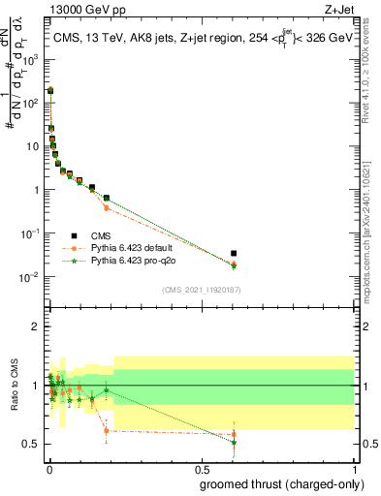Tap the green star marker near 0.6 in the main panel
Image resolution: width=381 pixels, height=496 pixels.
[x=233, y=266]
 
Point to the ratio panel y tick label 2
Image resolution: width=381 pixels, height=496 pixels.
[x=35, y=326]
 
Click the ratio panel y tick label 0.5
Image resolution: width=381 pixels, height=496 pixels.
[x=31, y=445]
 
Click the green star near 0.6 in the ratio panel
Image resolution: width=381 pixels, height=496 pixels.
[x=233, y=442]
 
